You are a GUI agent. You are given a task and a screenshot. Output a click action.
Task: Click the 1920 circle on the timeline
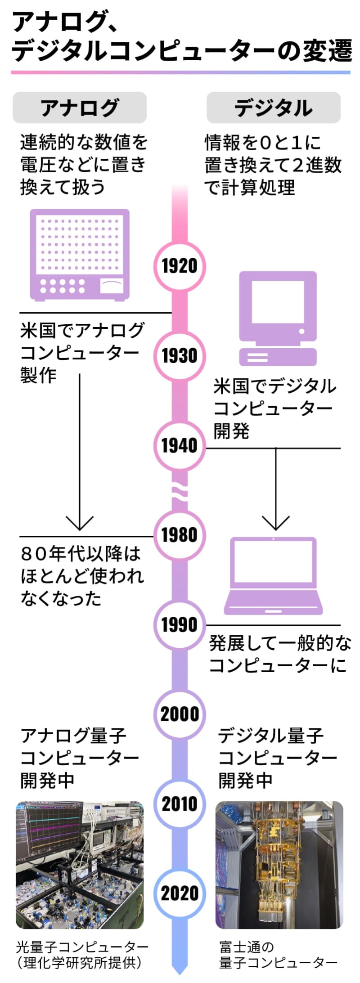pos(180,266)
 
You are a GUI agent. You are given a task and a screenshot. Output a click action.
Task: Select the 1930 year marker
pos(180,355)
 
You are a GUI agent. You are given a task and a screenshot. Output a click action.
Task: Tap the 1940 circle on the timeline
pos(180,445)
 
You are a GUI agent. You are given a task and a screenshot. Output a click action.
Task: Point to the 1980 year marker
pos(180,535)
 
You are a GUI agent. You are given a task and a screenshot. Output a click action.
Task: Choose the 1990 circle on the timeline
pos(180,624)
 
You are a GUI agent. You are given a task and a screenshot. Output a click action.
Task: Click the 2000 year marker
pos(180,714)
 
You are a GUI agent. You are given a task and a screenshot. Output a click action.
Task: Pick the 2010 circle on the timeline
pos(180,803)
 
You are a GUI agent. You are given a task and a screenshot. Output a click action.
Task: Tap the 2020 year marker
pos(180,893)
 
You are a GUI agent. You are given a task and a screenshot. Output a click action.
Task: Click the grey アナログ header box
pos(80,108)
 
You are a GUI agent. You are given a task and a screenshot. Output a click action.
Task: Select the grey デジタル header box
pos(274,108)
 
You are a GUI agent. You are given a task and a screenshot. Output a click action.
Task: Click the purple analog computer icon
pos(80,255)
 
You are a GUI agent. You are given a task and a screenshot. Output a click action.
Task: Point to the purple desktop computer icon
pos(278,319)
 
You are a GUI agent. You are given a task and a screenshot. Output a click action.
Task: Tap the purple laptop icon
pos(274,576)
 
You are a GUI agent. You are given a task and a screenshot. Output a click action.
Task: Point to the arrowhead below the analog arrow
pos(80,523)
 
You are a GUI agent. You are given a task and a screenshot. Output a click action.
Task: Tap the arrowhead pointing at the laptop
pos(275,523)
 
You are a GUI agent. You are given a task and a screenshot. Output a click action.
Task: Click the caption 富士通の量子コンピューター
pos(278,955)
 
